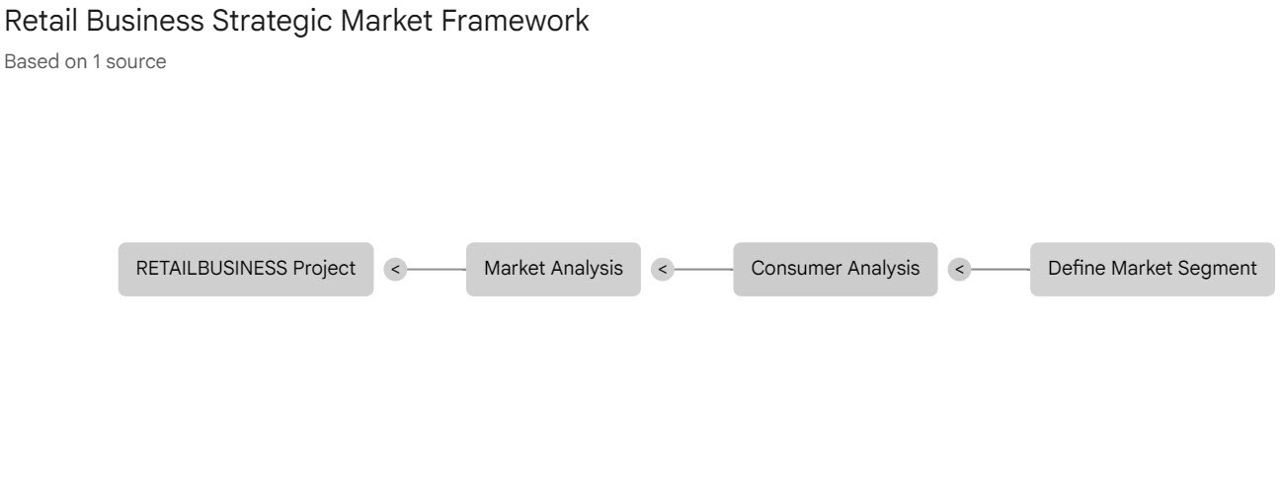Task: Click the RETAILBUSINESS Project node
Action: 246,269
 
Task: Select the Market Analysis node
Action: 553,269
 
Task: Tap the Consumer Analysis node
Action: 835,269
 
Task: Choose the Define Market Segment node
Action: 1152,269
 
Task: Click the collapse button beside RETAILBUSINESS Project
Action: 395,269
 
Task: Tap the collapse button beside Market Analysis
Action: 663,269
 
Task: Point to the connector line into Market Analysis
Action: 436,269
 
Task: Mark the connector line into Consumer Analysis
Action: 703,269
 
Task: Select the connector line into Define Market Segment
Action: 1000,269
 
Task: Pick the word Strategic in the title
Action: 271,21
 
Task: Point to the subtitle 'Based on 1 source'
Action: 85,62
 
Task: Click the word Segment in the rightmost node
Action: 1219,269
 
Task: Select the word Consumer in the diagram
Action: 794,269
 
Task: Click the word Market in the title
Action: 384,21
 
